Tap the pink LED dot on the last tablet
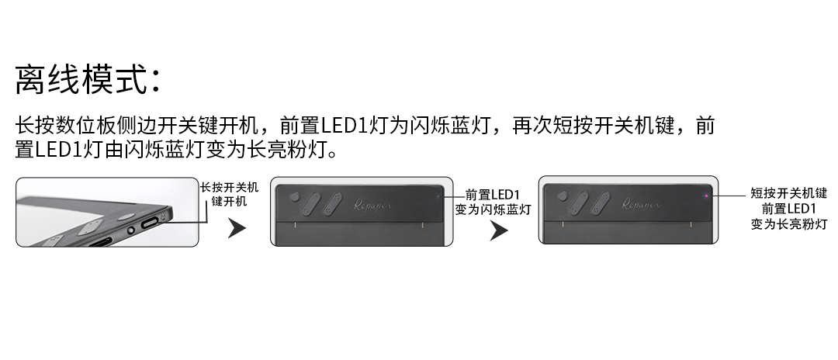706,196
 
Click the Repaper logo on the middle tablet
372,205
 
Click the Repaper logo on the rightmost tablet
642,204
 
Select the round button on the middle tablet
295,197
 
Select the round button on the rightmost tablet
563,196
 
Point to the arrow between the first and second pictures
236,228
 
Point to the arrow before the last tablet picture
499,230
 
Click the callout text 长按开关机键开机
229,195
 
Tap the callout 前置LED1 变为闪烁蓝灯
493,202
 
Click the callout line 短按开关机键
788,193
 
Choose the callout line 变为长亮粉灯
788,224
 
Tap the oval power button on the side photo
153,222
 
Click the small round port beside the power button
130,230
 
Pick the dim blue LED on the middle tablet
438,196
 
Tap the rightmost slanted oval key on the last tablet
600,203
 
